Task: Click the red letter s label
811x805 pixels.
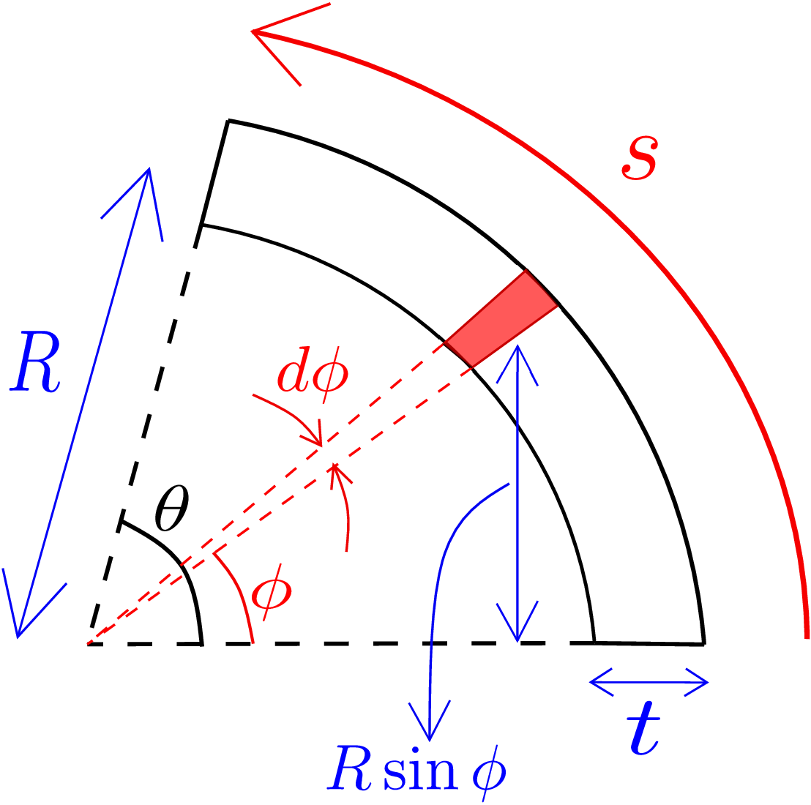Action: click(640, 157)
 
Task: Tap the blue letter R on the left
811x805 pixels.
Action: click(35, 362)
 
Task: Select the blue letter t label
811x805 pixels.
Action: click(644, 728)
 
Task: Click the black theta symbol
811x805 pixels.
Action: click(172, 508)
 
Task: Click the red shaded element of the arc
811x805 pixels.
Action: click(501, 318)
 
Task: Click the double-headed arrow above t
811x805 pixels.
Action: click(649, 683)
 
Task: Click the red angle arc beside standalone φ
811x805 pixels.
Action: click(239, 594)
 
